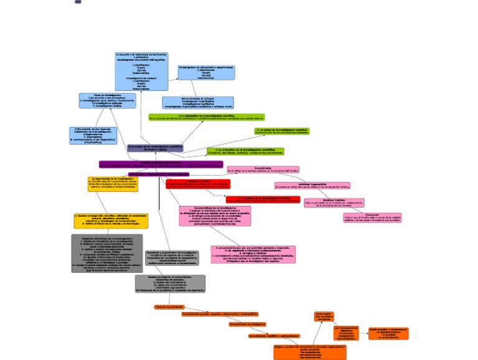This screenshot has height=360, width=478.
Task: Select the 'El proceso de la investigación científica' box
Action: click(156, 148)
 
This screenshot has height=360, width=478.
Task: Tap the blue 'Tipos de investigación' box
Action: click(108, 101)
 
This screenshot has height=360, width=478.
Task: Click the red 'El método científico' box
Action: click(198, 184)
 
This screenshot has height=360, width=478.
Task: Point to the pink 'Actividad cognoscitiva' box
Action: click(312, 186)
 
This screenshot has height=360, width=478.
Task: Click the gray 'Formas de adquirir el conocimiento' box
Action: click(170, 283)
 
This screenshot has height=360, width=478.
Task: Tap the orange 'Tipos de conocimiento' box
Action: click(169, 307)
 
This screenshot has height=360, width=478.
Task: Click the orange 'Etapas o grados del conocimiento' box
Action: click(309, 352)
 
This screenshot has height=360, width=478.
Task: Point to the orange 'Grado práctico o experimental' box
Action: click(388, 333)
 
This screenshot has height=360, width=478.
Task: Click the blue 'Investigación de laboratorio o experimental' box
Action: click(206, 72)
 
